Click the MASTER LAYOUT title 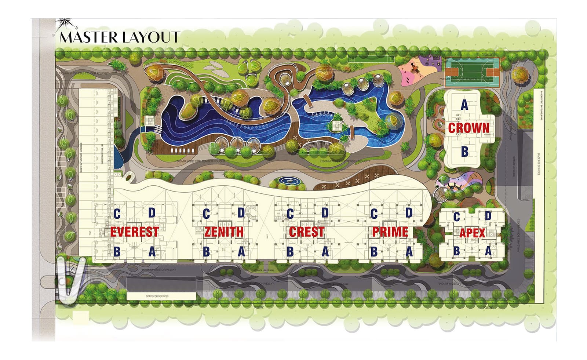tap(119, 37)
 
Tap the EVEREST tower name tap(134, 232)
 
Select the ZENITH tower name tap(224, 232)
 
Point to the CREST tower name tap(307, 232)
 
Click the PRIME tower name tap(390, 232)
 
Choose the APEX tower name tap(472, 233)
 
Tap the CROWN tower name tap(468, 128)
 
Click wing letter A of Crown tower tap(464, 105)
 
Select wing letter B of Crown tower tap(464, 151)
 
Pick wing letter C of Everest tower tap(117, 214)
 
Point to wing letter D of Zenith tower tap(241, 213)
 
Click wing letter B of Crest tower tap(290, 252)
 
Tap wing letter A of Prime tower tap(409, 252)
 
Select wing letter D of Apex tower tap(488, 216)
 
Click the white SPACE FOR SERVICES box tap(161, 296)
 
